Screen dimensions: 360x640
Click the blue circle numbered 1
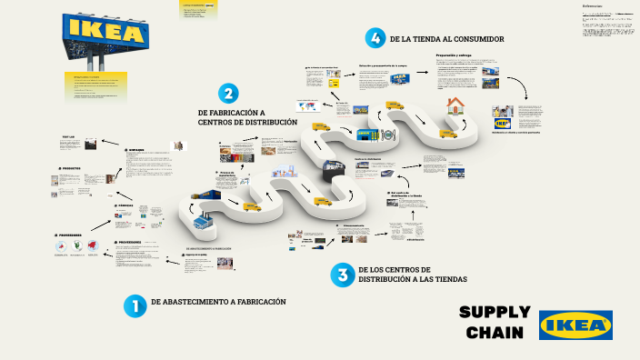tap(135, 306)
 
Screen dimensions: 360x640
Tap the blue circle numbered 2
tap(229, 94)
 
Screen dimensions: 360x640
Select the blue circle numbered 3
tap(342, 275)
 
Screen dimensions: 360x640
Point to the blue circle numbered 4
tap(374, 38)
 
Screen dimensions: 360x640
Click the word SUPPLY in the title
tap(495, 313)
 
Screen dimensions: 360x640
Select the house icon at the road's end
tap(455, 106)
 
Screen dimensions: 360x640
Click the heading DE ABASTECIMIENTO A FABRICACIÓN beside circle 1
tap(218, 302)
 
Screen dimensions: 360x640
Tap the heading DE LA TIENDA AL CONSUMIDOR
tap(446, 39)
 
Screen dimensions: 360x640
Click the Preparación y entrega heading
tap(455, 55)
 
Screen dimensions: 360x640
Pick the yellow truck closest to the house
tap(448, 133)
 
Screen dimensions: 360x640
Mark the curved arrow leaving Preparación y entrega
tap(519, 87)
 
